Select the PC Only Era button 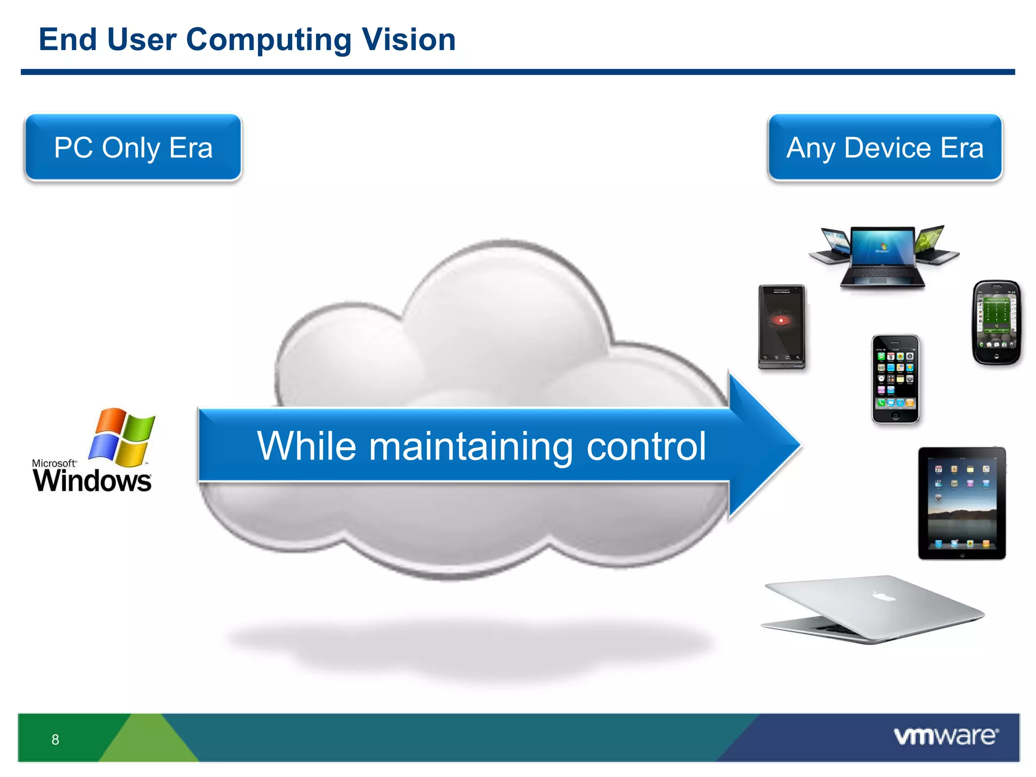(x=133, y=147)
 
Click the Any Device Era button (x=885, y=147)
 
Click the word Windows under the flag (x=92, y=480)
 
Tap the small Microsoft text (x=54, y=463)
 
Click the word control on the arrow (x=646, y=446)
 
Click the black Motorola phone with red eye (x=782, y=326)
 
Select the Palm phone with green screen (x=996, y=322)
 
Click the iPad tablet (x=962, y=503)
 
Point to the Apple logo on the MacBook (x=884, y=596)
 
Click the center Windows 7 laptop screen (x=883, y=247)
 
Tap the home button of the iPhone (x=895, y=416)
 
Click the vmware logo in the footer (x=945, y=737)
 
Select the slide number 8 (x=55, y=740)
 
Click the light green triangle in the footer (x=147, y=744)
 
